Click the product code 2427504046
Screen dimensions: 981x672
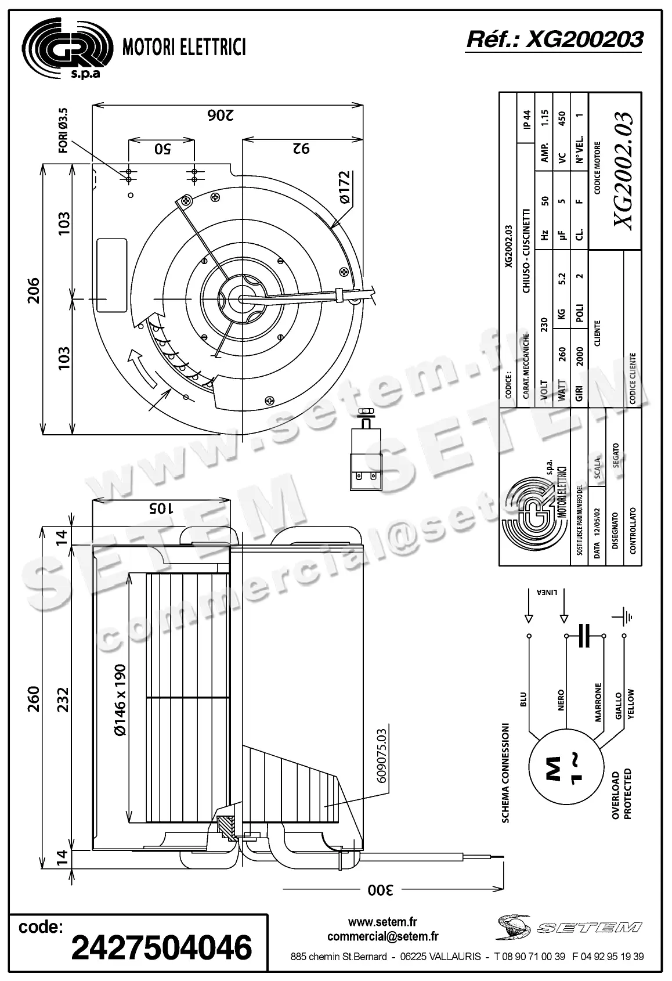161,947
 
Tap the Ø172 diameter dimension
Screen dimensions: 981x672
344,187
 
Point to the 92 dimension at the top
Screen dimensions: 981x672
301,149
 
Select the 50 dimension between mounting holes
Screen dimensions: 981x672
162,149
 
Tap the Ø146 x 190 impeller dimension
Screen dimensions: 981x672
120,701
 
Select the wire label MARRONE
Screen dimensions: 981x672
598,702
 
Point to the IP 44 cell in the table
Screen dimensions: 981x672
526,121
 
